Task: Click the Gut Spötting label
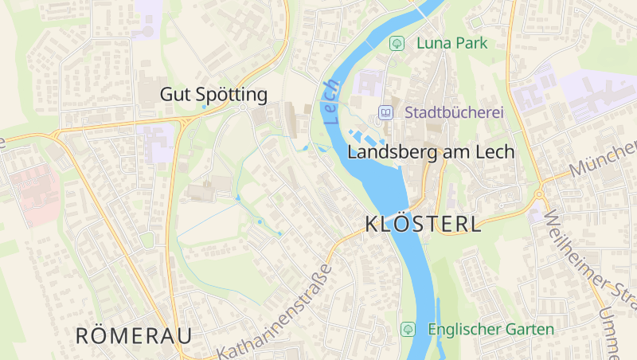(x=213, y=95)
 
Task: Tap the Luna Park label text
(x=451, y=43)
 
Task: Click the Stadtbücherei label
(x=455, y=113)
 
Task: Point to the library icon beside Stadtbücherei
(x=386, y=113)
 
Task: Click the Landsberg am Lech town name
(x=432, y=151)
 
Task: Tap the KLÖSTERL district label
(x=423, y=224)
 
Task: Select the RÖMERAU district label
(x=134, y=335)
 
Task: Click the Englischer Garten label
(x=490, y=329)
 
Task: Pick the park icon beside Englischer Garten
(x=408, y=329)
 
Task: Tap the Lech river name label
(x=332, y=101)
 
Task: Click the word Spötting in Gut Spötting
(x=232, y=95)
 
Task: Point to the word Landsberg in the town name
(x=387, y=151)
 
